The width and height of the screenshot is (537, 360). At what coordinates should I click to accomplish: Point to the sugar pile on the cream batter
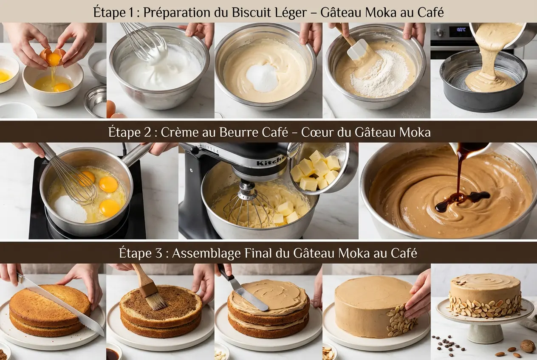[263, 78]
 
